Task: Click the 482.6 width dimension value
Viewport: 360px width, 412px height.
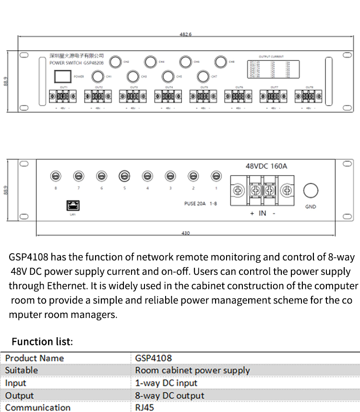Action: (x=185, y=35)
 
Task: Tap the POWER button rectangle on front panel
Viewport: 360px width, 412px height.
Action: (x=60, y=76)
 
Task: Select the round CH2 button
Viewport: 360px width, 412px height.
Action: (x=115, y=62)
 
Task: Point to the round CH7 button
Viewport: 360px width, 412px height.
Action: (x=204, y=76)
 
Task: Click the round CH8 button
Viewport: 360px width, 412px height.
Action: (x=220, y=62)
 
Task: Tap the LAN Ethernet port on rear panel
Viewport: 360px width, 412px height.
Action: (x=72, y=205)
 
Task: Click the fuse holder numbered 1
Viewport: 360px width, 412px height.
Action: (x=216, y=176)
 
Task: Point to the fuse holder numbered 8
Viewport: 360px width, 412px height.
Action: (x=56, y=176)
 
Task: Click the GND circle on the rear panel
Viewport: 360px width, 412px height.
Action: (x=311, y=190)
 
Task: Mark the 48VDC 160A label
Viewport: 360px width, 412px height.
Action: (x=266, y=166)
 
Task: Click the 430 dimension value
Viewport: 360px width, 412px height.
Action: (x=186, y=233)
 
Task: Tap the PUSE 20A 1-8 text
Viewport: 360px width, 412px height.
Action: (x=201, y=203)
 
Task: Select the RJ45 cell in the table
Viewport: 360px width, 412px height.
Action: (x=144, y=407)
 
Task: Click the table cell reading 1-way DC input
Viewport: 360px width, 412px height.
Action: (x=166, y=383)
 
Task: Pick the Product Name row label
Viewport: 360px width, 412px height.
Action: (x=35, y=358)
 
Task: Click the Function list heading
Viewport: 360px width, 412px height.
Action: (x=42, y=341)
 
